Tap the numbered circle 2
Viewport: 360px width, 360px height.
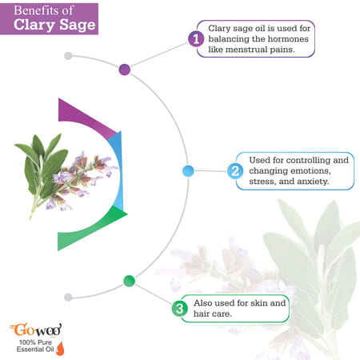point(234,170)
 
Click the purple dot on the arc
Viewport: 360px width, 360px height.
point(124,70)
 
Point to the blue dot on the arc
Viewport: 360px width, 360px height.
point(188,170)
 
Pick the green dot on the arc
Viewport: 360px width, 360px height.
point(129,280)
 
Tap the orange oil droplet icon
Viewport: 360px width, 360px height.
point(59,349)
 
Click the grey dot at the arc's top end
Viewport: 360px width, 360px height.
point(68,55)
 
